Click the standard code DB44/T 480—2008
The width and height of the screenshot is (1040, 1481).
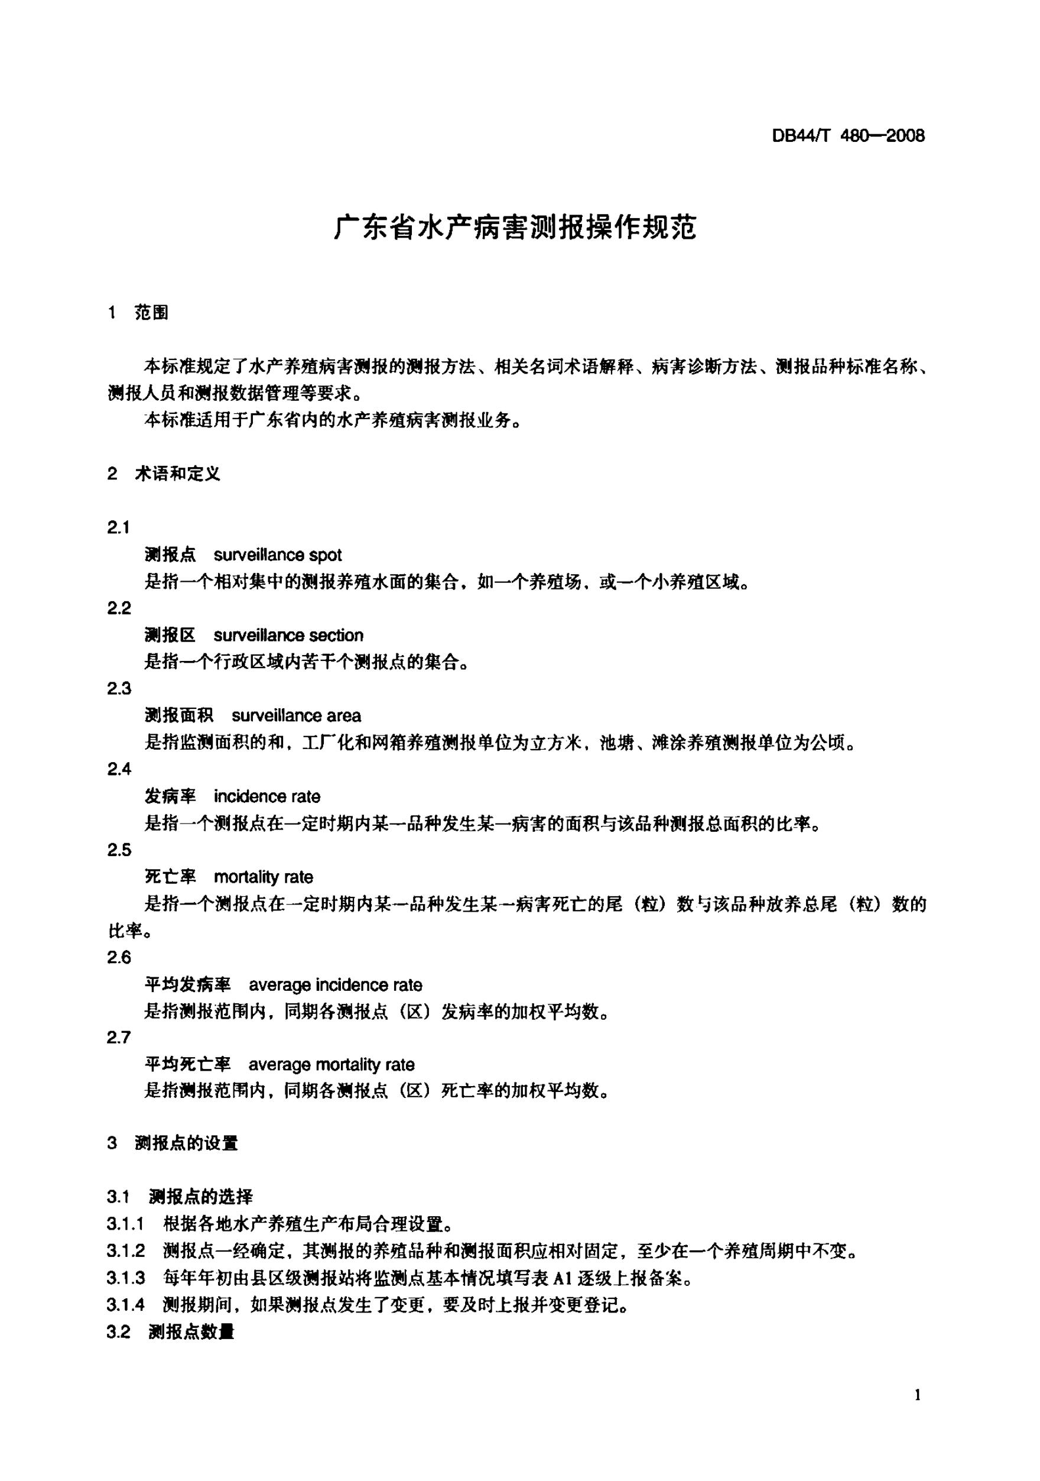(x=848, y=136)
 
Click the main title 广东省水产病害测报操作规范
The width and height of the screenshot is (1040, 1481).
(x=515, y=228)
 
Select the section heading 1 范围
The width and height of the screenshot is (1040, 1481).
(x=139, y=313)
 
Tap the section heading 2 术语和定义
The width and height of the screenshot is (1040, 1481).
(x=164, y=474)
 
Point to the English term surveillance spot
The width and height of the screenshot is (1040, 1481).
(x=277, y=555)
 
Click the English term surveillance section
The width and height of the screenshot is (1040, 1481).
(x=288, y=636)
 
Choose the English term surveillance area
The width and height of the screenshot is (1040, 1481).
(x=296, y=716)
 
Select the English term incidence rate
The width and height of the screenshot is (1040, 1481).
(x=267, y=796)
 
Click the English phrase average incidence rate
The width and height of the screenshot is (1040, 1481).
(x=335, y=985)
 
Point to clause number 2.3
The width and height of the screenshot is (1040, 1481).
(x=119, y=689)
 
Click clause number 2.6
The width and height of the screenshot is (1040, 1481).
(x=119, y=958)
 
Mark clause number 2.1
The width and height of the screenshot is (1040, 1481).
(x=119, y=529)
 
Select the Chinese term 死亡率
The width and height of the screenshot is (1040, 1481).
(x=170, y=877)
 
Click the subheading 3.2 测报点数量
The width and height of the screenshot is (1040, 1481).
(x=171, y=1332)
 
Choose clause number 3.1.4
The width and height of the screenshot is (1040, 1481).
(x=126, y=1305)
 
